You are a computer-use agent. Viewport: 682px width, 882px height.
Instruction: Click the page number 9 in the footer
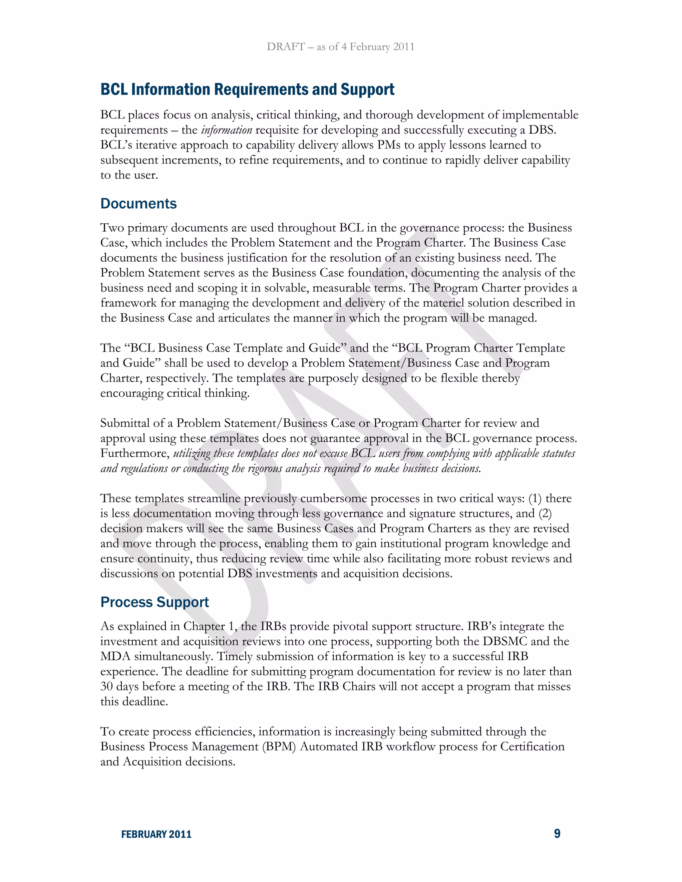tap(557, 833)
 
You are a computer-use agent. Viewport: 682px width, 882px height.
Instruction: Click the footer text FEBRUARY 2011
tap(157, 834)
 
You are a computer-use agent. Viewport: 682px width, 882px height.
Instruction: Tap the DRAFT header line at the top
tap(341, 47)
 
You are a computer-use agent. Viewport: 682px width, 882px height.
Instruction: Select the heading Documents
tap(139, 204)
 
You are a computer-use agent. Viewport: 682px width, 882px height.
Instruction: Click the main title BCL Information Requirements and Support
tap(247, 89)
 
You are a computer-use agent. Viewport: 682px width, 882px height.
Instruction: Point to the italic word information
tap(227, 130)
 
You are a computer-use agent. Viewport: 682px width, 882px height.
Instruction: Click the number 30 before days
tap(107, 687)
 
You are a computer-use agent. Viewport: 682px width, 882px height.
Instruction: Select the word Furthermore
tap(135, 453)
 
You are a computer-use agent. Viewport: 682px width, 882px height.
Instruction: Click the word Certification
tap(532, 746)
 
